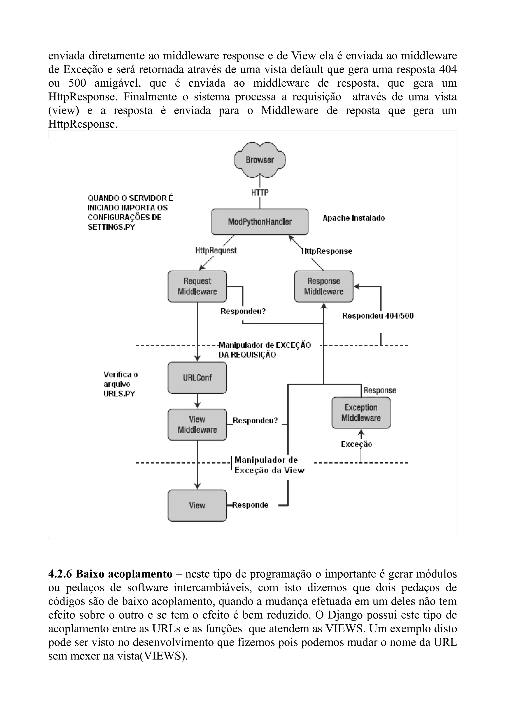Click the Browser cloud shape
(260, 160)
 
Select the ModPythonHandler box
(260, 222)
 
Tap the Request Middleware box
(197, 286)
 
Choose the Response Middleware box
(324, 286)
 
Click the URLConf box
(197, 378)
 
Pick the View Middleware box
(197, 424)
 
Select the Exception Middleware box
(361, 413)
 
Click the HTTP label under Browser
(260, 193)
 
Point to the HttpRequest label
(216, 250)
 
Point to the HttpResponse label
(327, 251)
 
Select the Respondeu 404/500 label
(378, 316)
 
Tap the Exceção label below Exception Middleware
(357, 444)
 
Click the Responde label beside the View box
(251, 505)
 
